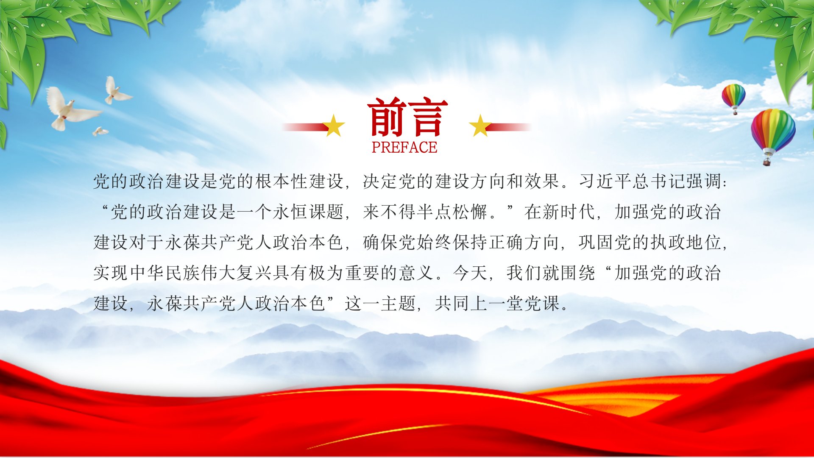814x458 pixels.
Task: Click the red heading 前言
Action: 407,117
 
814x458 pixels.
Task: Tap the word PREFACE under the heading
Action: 404,147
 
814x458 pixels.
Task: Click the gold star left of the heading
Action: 334,126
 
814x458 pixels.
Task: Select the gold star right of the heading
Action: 480,126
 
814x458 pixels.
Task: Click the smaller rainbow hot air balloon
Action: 733,98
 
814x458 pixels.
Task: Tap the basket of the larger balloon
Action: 767,161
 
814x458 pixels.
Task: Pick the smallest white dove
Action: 100,131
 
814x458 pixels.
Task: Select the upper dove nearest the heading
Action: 117,90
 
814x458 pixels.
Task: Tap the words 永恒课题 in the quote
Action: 308,212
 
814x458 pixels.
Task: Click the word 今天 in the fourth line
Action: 471,273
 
